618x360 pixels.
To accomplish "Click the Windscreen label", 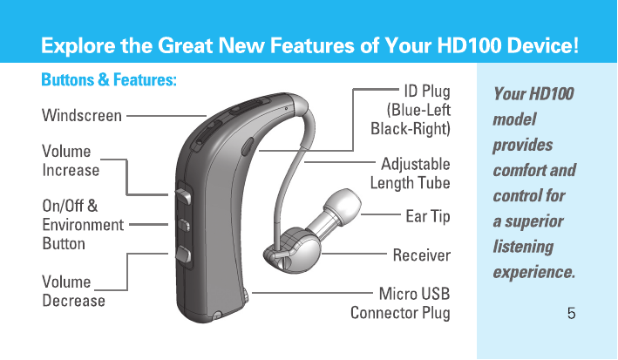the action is (x=82, y=116).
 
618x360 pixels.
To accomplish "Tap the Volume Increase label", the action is (x=71, y=161).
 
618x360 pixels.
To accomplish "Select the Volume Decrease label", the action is (x=73, y=291).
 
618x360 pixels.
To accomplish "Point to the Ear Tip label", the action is (x=428, y=216).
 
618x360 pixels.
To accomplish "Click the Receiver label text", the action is (x=421, y=255).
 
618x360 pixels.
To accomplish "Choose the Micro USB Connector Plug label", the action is (x=400, y=303).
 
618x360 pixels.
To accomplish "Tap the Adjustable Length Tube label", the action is (x=410, y=173).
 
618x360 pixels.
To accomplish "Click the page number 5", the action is (x=571, y=313).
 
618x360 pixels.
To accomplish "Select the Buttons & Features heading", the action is (x=109, y=79).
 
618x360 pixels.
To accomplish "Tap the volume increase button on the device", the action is (x=184, y=195).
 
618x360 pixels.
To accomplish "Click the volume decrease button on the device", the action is (x=184, y=254).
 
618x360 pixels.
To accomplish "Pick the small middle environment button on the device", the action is (x=184, y=225).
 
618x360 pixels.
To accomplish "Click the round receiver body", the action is (x=300, y=249).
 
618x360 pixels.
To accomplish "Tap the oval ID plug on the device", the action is (x=248, y=146).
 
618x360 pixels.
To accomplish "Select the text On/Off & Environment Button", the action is (x=83, y=225).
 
